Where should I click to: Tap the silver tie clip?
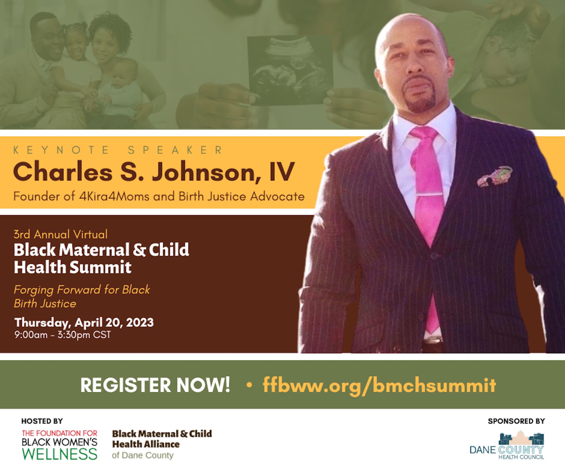pyautogui.click(x=429, y=195)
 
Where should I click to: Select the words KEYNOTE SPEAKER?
pyautogui.click(x=118, y=150)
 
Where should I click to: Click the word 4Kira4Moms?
pyautogui.click(x=114, y=196)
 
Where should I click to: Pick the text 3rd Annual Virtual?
pyautogui.click(x=61, y=234)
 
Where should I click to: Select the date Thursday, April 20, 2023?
pyautogui.click(x=84, y=323)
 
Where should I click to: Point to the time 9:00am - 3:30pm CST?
pyautogui.click(x=63, y=335)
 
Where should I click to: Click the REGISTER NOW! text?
pyautogui.click(x=155, y=385)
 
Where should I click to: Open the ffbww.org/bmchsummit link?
pyautogui.click(x=379, y=385)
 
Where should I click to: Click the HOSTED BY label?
pyautogui.click(x=42, y=421)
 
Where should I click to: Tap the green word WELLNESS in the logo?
pyautogui.click(x=60, y=454)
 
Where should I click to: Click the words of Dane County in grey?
pyautogui.click(x=143, y=455)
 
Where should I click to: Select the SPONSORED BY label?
pyautogui.click(x=516, y=421)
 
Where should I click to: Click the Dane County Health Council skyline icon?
pyautogui.click(x=522, y=438)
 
